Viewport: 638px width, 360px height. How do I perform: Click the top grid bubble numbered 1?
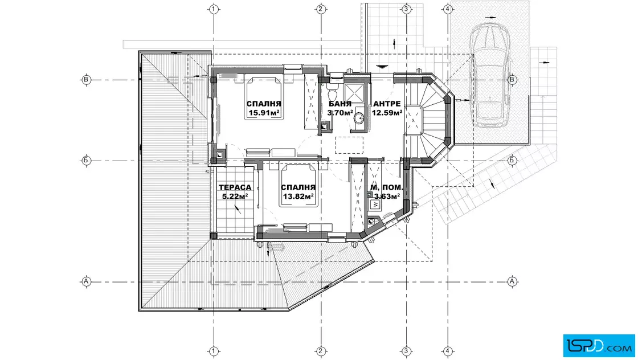click(214, 9)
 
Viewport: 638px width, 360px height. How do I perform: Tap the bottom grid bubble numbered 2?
click(321, 351)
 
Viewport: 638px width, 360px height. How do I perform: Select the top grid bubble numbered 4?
click(448, 9)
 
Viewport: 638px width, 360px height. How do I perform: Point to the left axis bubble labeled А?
click(86, 281)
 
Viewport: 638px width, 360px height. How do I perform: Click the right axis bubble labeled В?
click(512, 80)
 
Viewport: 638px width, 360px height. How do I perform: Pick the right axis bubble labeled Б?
click(512, 161)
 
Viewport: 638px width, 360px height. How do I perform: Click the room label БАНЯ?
click(340, 104)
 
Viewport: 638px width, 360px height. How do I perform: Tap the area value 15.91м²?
click(264, 113)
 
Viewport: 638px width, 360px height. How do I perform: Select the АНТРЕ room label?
click(387, 104)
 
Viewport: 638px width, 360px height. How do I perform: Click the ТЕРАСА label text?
click(235, 187)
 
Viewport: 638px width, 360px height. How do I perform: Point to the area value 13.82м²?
click(298, 197)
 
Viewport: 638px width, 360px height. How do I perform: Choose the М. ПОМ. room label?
click(387, 187)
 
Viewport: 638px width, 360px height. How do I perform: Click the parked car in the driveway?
click(490, 75)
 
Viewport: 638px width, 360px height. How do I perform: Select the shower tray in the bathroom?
click(354, 93)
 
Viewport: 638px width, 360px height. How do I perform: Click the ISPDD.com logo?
click(599, 346)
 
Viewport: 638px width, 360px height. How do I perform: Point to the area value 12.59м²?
click(387, 113)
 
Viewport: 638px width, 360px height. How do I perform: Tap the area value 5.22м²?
click(235, 197)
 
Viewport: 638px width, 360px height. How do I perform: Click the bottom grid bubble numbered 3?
click(406, 351)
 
